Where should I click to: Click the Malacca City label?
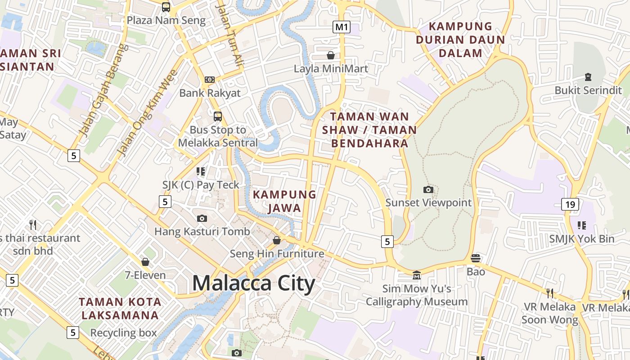coord(253,283)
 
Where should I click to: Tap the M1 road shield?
coord(342,27)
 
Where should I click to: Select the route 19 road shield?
coord(570,205)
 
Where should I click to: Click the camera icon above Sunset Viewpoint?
coord(428,190)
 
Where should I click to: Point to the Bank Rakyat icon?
coord(210,80)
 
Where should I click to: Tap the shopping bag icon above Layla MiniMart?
coord(331,55)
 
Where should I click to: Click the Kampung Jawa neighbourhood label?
coord(284,201)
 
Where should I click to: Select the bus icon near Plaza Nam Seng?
coord(166,7)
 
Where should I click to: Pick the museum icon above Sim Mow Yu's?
coord(417,274)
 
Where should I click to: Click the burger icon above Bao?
coord(476,258)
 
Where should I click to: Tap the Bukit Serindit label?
coord(588,90)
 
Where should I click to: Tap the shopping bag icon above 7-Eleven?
coord(145,262)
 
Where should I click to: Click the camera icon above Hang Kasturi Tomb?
coord(202,219)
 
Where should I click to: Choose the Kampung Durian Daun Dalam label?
coord(460,40)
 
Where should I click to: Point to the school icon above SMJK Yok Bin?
coord(581,225)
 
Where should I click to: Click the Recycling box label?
coord(123,333)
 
